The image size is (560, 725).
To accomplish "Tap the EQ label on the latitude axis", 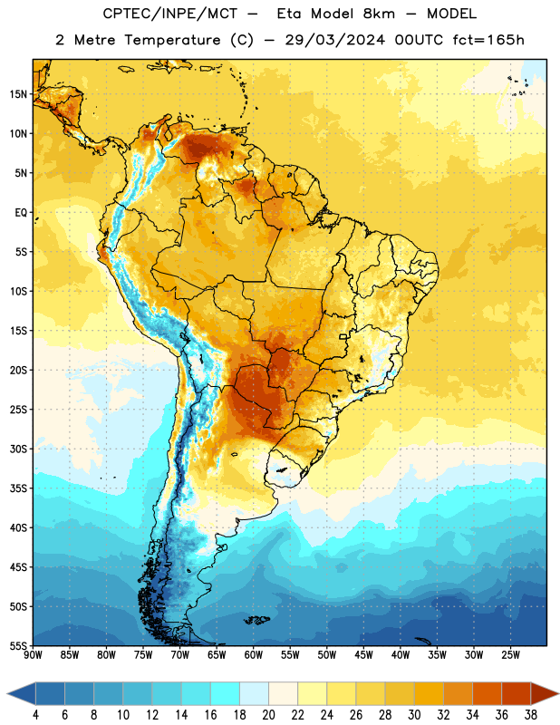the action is [x=21, y=213].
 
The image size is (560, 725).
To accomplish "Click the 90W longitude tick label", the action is [x=34, y=655].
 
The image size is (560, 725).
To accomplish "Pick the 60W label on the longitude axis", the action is [x=254, y=655].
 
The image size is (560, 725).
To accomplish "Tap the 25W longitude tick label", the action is [x=510, y=655].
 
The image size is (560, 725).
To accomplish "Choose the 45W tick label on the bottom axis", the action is [x=363, y=655].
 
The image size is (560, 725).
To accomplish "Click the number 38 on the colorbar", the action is [x=531, y=715].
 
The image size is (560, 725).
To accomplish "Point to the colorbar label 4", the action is [x=35, y=715].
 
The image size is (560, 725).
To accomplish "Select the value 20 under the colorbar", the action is [x=268, y=715].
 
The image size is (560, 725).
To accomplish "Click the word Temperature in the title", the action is [x=172, y=40].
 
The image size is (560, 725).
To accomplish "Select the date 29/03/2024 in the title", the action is [x=334, y=40].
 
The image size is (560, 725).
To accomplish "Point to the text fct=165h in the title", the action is [x=488, y=40].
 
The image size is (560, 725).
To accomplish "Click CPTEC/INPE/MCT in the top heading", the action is [x=169, y=14].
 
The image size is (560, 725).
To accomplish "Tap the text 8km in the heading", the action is [x=379, y=14].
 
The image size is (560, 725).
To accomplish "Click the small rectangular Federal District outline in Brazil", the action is [x=343, y=336].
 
